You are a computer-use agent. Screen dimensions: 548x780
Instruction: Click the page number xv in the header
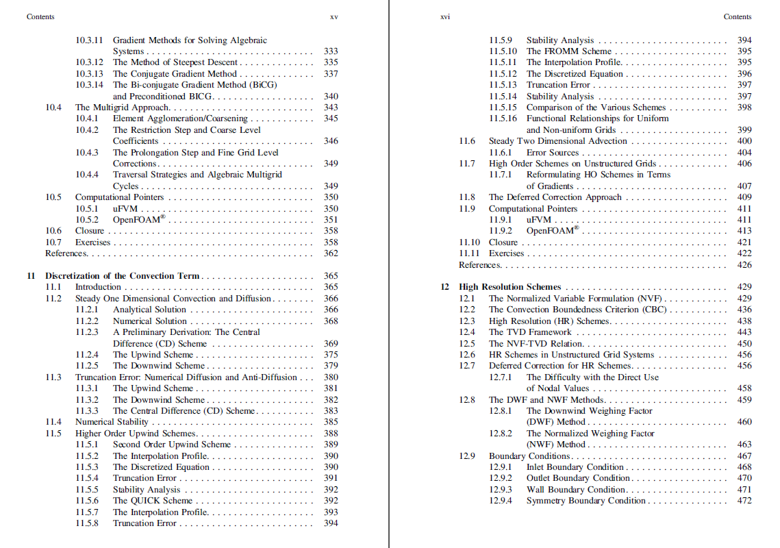(x=334, y=16)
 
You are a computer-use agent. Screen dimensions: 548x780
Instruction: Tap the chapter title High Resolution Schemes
(x=510, y=287)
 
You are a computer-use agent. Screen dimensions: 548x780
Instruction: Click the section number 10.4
(x=53, y=108)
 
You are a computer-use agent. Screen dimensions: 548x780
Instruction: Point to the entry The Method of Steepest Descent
(x=175, y=62)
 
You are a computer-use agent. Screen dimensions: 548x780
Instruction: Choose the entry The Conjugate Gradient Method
(x=175, y=74)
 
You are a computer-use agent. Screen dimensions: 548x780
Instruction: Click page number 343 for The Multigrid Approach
(x=331, y=108)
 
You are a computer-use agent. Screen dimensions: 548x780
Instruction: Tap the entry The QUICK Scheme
(x=153, y=501)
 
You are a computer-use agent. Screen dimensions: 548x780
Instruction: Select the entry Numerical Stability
(x=112, y=422)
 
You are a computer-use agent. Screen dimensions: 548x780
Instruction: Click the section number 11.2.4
(x=87, y=355)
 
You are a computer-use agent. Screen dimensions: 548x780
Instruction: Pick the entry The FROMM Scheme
(x=568, y=51)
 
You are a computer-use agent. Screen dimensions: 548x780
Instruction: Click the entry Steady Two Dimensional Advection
(x=548, y=141)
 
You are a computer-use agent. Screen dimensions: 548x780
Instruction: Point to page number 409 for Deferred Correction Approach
(x=744, y=197)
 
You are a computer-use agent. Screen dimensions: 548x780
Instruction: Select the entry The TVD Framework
(x=530, y=332)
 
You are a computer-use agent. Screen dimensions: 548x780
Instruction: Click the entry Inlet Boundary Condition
(x=575, y=467)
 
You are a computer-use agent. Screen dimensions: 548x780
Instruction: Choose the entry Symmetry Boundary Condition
(x=586, y=501)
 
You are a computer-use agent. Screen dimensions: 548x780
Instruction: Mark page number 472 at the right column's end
(x=744, y=501)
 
